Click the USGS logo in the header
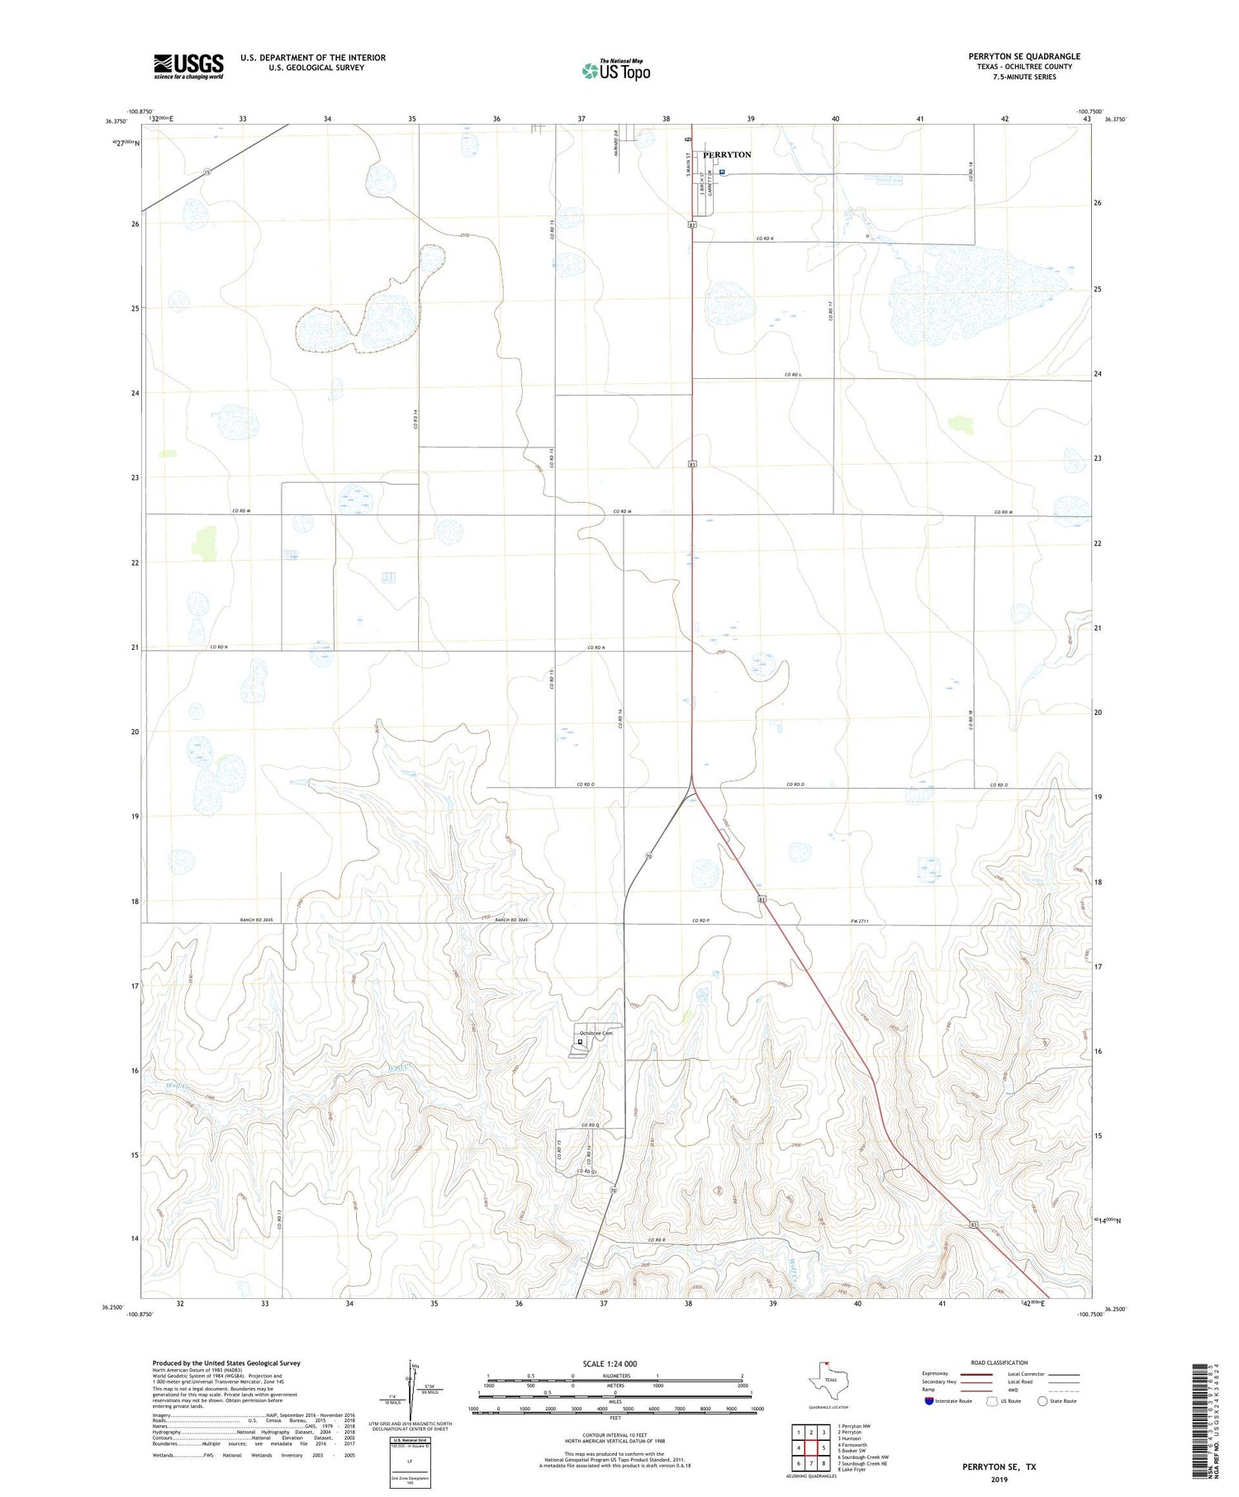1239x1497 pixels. [x=188, y=66]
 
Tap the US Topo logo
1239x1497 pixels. [x=616, y=71]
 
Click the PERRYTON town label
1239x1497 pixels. [x=727, y=154]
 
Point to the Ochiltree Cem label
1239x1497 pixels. [x=596, y=1033]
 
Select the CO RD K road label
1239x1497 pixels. [x=764, y=239]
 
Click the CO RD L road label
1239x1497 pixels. [x=792, y=375]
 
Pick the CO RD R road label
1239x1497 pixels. [x=656, y=1240]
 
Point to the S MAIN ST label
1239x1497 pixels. [x=687, y=181]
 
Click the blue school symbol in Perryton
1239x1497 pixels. [x=722, y=173]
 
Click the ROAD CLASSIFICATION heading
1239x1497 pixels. [x=999, y=1362]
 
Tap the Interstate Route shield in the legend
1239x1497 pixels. [x=929, y=1401]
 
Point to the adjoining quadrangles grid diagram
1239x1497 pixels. [x=811, y=1447]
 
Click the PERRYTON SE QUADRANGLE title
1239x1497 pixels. [x=1024, y=56]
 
